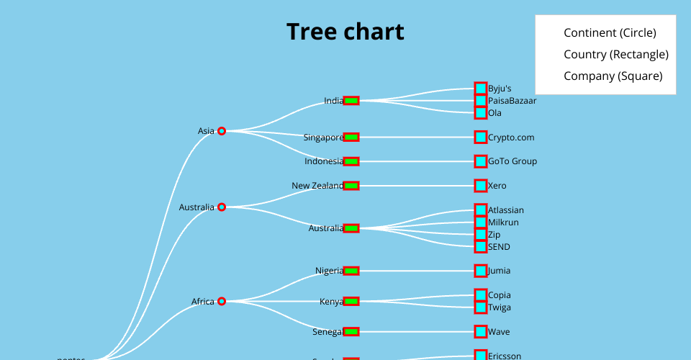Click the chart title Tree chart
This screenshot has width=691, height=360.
[x=345, y=32]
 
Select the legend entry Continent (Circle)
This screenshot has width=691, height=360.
[x=610, y=32]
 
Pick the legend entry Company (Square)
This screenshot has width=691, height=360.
[x=613, y=76]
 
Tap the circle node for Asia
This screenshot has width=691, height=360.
[x=222, y=131]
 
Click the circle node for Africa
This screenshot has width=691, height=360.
[x=222, y=301]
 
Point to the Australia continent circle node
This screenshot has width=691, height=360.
[x=222, y=207]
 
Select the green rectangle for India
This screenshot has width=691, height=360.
[x=351, y=101]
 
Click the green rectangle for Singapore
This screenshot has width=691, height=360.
[x=351, y=137]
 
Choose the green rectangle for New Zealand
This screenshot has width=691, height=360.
[x=351, y=186]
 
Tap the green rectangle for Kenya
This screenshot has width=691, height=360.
[x=351, y=301]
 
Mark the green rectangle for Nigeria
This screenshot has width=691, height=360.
[x=351, y=271]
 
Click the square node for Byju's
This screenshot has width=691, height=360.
[x=481, y=89]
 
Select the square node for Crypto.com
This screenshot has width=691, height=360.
[x=481, y=137]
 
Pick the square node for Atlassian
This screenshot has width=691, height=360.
[x=481, y=210]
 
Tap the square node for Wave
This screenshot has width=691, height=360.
[x=481, y=332]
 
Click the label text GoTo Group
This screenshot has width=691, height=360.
[x=512, y=161]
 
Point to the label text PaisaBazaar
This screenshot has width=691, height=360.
[x=512, y=101]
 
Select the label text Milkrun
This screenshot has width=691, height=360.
[x=503, y=222]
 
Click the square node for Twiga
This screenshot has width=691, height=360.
[x=481, y=307]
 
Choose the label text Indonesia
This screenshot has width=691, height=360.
[x=324, y=161]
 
